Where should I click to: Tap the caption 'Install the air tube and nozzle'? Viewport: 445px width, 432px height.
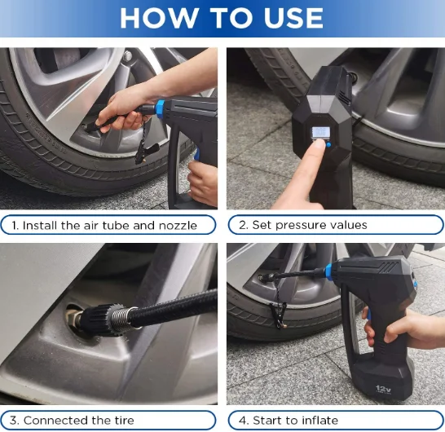pyautogui.click(x=110, y=225)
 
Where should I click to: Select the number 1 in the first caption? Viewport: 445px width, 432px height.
pyautogui.click(x=15, y=225)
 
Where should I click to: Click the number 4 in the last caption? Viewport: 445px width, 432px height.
pyautogui.click(x=243, y=421)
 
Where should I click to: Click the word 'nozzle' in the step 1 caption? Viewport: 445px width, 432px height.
pyautogui.click(x=177, y=225)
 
